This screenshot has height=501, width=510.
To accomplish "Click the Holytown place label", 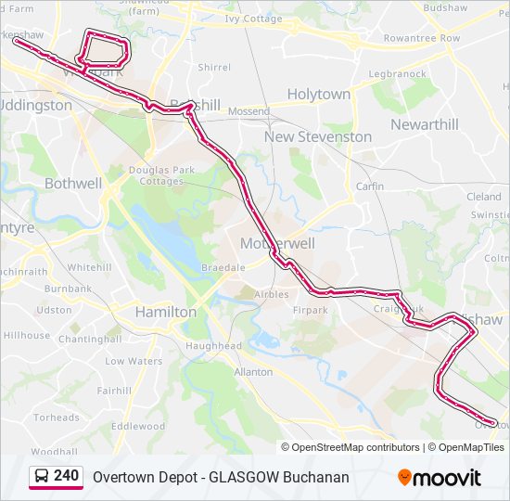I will pos(318,95).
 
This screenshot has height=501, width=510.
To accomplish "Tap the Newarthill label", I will pos(424,124).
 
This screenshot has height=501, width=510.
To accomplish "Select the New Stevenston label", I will pos(318,136).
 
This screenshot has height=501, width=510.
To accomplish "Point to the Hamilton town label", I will pos(166,313).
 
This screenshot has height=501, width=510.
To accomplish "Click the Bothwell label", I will pos(73,184).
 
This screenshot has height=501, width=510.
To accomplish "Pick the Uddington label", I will pos(37,106).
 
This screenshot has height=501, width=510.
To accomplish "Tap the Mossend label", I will pos(248,111).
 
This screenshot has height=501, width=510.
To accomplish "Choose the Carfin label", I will pos(370,186).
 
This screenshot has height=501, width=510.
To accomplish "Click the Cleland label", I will pos(483,197).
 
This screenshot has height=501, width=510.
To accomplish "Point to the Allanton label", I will pos(253,372).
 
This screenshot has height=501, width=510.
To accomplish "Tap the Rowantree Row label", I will pos(422,39).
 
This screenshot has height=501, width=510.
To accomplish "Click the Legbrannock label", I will pos(397,73).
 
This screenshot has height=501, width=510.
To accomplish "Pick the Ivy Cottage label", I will pos(253,18).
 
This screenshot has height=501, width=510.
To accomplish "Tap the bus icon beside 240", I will pos(42,477).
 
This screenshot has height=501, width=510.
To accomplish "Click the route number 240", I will pos(67,476).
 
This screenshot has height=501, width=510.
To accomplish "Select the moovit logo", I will pos(440,478).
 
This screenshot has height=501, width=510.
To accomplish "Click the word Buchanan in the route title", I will pos(317,478).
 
